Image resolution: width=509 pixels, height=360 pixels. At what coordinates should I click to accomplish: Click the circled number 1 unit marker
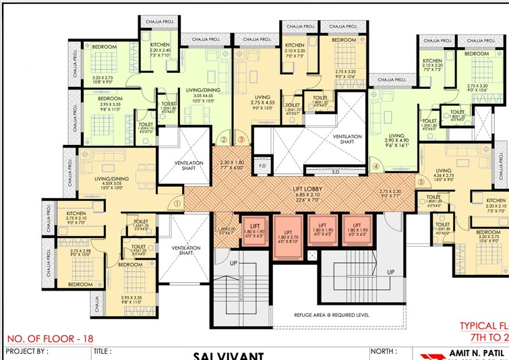[177, 202]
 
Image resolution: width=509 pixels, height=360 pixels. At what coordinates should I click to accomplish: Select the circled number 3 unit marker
[241, 140]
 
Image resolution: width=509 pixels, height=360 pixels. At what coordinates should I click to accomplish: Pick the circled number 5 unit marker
[420, 181]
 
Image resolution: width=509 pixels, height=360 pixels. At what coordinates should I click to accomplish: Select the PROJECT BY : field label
[27, 351]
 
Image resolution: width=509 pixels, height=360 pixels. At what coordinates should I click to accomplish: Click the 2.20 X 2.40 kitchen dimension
[160, 51]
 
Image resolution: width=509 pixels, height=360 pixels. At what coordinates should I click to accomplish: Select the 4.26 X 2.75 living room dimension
[443, 177]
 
